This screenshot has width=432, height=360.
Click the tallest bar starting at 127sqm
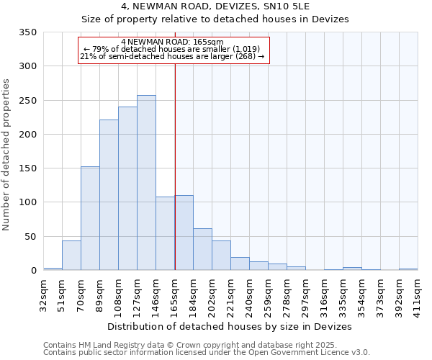146,183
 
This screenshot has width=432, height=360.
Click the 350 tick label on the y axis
28,32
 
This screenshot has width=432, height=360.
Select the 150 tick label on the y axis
28,168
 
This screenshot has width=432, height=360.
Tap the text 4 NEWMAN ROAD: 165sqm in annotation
173,42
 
